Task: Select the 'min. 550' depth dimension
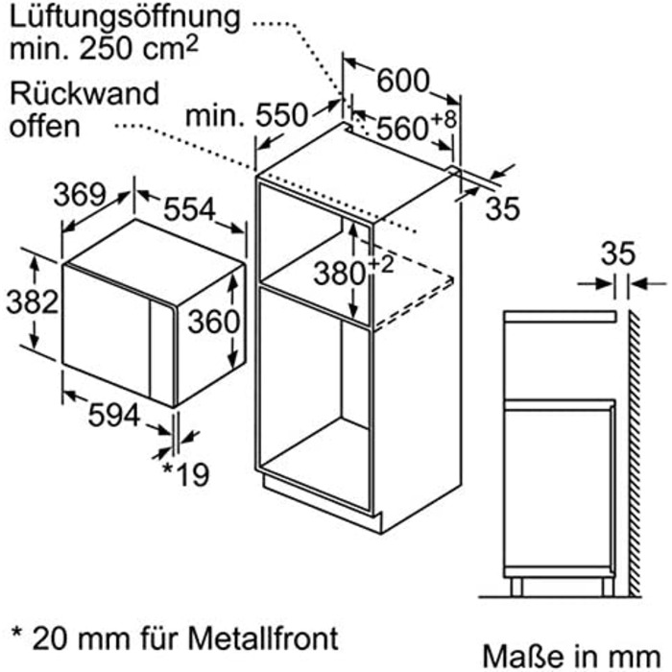coord(248,116)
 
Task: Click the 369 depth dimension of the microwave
coord(78,194)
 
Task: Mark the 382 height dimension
coord(20,303)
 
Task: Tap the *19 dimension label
coord(184,474)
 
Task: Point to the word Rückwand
coord(84,94)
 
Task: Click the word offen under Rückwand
coord(45,126)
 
